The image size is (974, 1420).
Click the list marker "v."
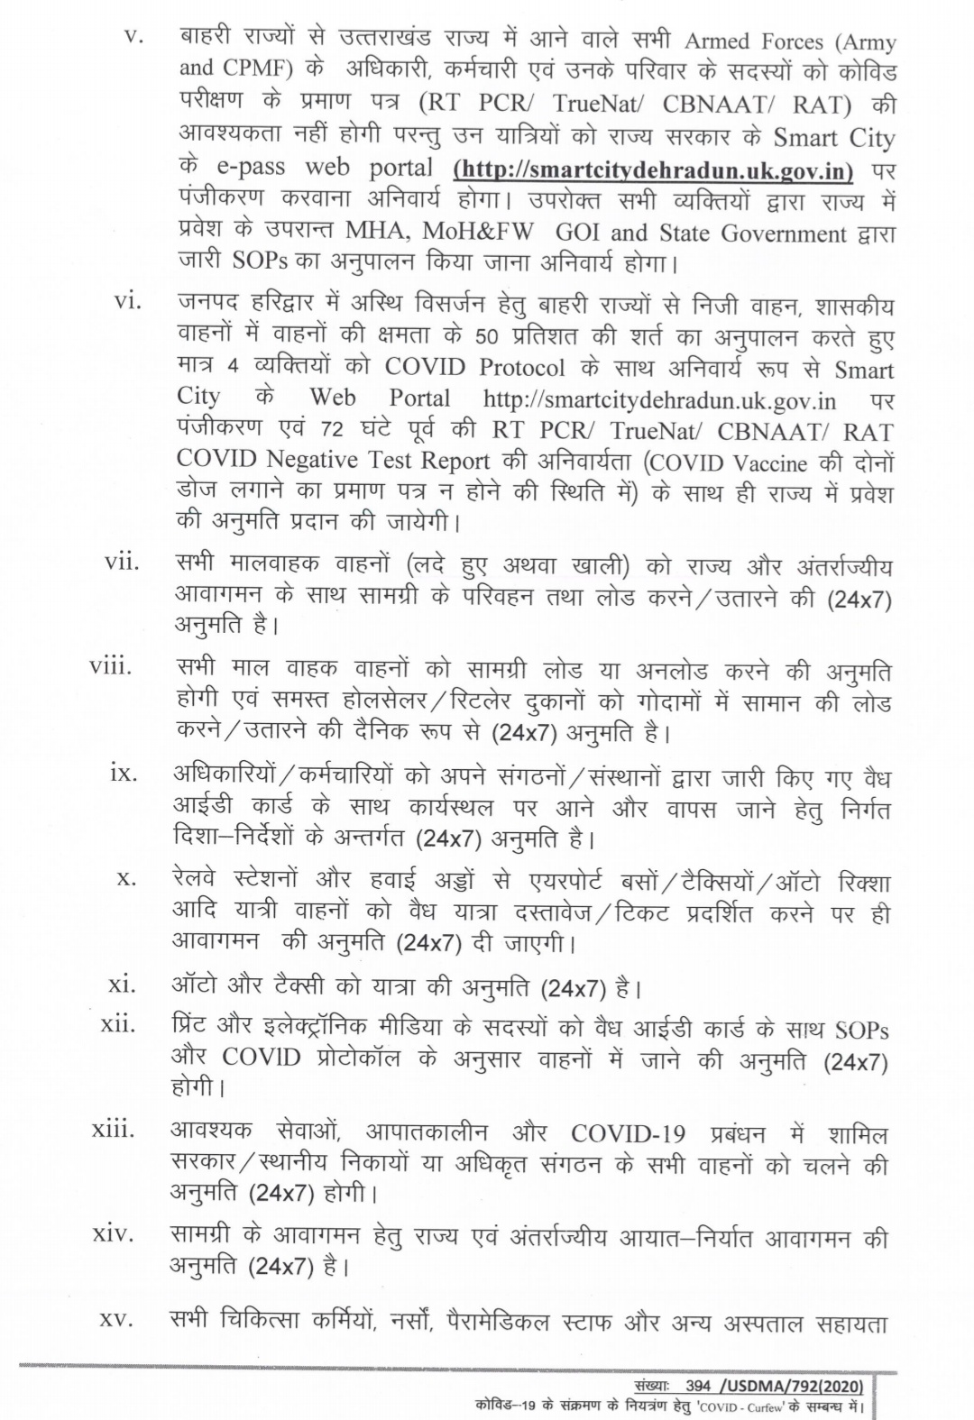point(133,39)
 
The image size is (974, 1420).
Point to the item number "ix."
point(123,773)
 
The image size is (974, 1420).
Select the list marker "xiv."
point(114,1232)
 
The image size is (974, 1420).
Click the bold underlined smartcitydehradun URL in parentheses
point(654,169)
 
